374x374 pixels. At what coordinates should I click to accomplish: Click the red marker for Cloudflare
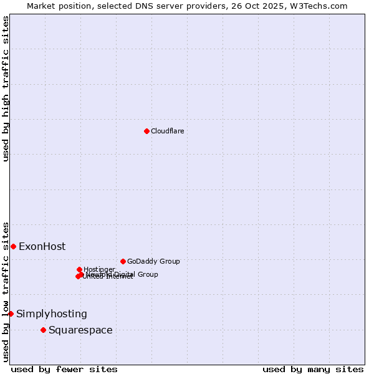[146, 131]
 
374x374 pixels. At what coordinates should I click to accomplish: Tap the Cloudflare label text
[167, 131]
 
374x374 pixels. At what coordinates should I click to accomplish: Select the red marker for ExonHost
[13, 246]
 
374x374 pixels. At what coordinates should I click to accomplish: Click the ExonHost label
[42, 246]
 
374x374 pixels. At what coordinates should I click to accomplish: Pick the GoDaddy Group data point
[123, 261]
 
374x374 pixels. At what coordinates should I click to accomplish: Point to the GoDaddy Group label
[153, 261]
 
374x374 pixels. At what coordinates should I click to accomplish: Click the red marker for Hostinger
[79, 269]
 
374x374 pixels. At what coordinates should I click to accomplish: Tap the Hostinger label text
[99, 269]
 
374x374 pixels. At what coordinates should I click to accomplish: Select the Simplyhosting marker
[11, 314]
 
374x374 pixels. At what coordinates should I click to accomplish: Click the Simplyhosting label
[52, 314]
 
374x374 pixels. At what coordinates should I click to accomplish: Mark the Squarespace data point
[43, 330]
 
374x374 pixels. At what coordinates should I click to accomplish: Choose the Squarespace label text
[80, 330]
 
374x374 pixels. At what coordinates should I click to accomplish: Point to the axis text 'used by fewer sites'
[64, 369]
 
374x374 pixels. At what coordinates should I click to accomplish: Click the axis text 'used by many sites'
[313, 369]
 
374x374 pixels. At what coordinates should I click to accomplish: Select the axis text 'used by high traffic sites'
[6, 89]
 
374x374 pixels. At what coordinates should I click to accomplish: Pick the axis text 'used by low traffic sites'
[6, 291]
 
